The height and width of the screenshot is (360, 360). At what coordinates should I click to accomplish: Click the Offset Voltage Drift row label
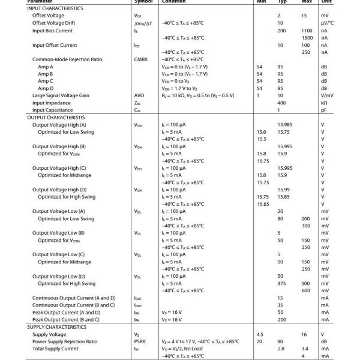pos(55,23)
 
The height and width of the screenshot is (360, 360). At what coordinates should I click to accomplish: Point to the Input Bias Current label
pos(52,31)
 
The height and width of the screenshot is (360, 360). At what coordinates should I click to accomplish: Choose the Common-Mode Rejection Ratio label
pos(67,59)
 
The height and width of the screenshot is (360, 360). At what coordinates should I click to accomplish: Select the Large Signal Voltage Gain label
pos(61,95)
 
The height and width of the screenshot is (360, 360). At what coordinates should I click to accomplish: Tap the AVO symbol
pos(139,95)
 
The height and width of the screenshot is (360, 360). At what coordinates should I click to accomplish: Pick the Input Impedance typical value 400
pos(281,103)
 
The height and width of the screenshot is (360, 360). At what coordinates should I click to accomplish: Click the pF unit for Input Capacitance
pos(324,110)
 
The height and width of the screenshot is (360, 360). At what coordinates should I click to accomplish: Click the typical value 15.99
pos(283,190)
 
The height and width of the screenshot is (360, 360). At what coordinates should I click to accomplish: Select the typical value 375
pos(281,284)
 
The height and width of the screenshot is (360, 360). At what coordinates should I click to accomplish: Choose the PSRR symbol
pos(140,341)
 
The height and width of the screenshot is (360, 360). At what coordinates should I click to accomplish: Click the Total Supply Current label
pos(55,349)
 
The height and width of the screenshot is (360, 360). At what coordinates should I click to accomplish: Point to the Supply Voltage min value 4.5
pos(260,334)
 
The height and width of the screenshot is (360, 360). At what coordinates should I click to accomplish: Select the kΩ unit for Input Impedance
pos(324,103)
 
